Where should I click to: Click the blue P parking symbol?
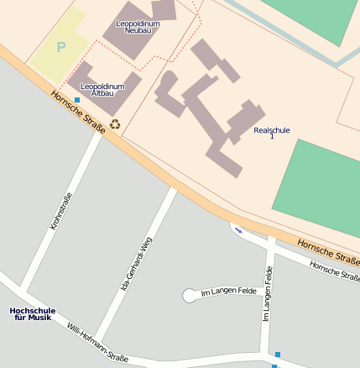pos(60,48)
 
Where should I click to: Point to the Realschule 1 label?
pos(270,133)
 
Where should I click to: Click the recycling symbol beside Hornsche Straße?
pos(115,124)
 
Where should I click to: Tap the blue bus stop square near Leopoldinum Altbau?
pos(77,100)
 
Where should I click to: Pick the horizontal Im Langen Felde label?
pos(228,292)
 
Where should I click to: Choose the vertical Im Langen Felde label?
pos(268,294)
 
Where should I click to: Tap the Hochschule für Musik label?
pos(32,314)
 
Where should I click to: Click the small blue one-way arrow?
pos(238,230)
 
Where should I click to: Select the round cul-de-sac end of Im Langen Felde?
pos(190,295)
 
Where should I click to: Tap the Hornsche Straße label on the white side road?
pos(334,270)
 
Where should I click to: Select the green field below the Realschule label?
pos(323,189)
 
